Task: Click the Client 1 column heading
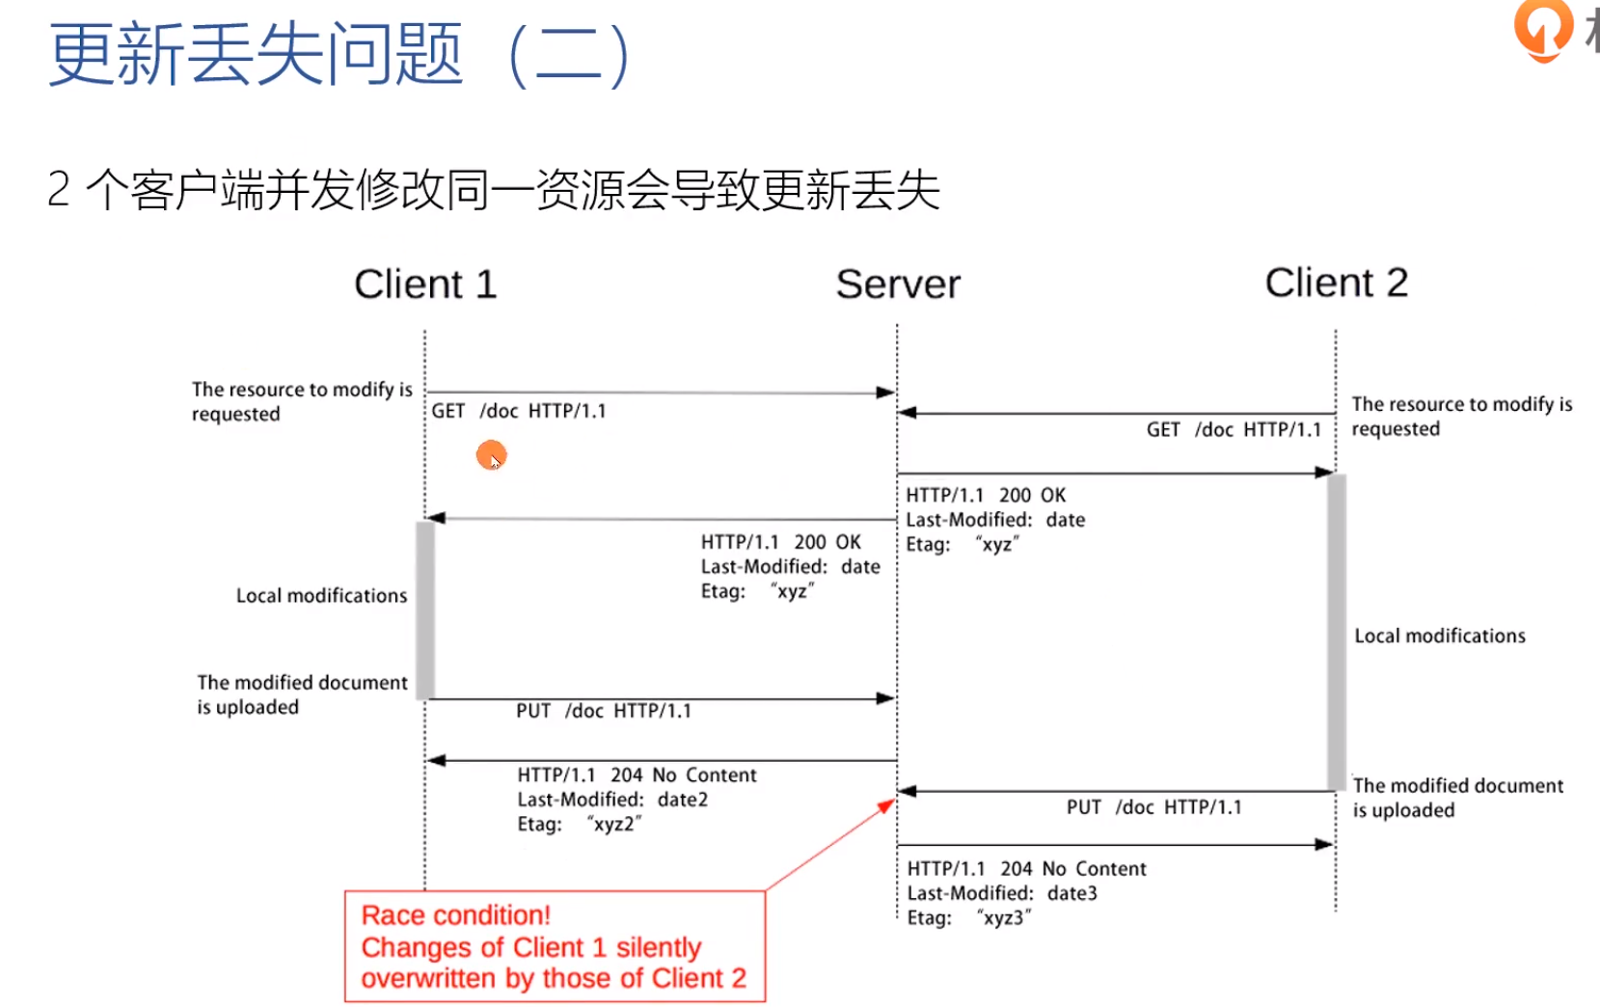[x=424, y=285]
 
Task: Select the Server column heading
[x=898, y=285]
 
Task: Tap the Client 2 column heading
[x=1336, y=283]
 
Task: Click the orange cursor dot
[x=491, y=454]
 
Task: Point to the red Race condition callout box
[x=555, y=946]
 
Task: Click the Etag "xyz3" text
[x=968, y=917]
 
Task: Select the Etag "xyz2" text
[x=579, y=824]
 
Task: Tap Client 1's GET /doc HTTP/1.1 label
[x=518, y=411]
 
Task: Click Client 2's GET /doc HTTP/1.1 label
[x=1233, y=429]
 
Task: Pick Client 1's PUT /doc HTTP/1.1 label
[x=603, y=711]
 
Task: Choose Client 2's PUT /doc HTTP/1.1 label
[x=1153, y=807]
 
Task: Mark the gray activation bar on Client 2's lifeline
[x=1336, y=632]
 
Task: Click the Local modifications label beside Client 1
[x=321, y=596]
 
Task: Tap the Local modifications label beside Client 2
[x=1439, y=636]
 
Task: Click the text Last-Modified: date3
[x=1001, y=893]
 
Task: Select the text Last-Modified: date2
[x=611, y=800]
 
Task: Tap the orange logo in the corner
[x=1542, y=29]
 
